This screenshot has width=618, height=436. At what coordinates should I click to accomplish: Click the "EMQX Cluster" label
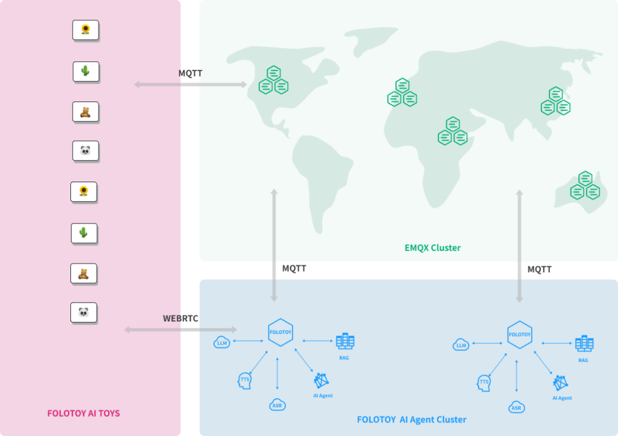432,248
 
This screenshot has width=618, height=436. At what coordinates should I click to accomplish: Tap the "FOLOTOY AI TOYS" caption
84,413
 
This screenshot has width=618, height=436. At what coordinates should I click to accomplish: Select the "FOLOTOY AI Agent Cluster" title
411,419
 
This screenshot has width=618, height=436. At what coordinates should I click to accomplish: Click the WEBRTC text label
180,319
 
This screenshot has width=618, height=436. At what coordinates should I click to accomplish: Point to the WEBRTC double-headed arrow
180,329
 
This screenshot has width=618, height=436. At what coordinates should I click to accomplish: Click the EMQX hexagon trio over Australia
585,186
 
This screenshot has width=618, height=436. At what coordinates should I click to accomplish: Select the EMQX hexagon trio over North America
273,80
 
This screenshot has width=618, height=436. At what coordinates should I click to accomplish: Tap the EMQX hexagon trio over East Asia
555,101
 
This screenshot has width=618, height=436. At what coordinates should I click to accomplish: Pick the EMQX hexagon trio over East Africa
453,132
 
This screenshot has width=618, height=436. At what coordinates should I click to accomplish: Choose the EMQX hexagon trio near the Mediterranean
402,93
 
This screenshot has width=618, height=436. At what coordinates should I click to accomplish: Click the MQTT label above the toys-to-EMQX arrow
191,73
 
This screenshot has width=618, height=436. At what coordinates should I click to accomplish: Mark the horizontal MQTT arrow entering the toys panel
191,85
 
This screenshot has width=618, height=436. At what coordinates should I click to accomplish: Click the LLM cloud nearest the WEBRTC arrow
221,343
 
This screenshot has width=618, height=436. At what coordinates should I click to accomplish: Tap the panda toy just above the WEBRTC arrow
84,312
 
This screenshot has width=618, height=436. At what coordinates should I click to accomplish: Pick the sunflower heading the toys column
85,30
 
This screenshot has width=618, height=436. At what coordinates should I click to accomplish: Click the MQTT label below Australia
540,269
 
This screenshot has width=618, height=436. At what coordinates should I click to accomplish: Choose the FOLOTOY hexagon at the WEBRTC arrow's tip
280,332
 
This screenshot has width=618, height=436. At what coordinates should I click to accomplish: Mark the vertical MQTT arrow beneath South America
274,245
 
